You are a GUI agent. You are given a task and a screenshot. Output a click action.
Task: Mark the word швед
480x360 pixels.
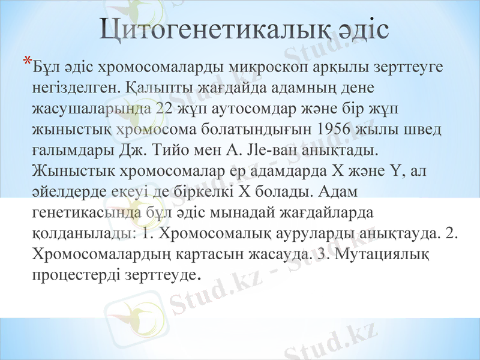click(424, 130)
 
